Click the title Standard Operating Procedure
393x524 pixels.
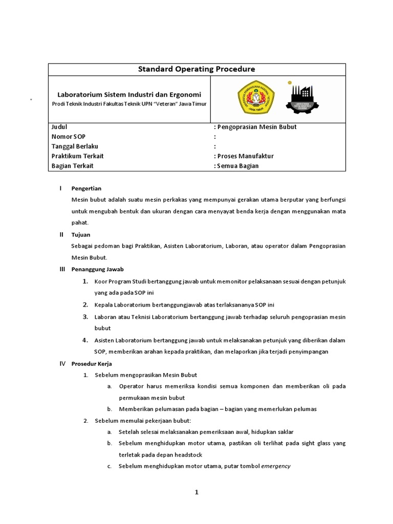(x=196, y=69)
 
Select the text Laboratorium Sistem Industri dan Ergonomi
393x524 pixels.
(x=129, y=95)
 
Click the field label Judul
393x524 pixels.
(x=59, y=127)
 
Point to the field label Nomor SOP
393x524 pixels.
(x=69, y=137)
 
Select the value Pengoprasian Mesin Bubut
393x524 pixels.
(x=256, y=127)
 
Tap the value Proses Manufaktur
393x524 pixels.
(x=245, y=156)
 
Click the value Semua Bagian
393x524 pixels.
(x=238, y=166)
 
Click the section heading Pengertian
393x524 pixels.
(x=86, y=189)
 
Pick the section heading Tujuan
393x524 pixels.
(x=81, y=235)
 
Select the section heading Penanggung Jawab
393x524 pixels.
(x=97, y=269)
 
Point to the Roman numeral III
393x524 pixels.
(x=62, y=269)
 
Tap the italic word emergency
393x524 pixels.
(x=276, y=466)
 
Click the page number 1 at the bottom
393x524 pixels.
(x=196, y=493)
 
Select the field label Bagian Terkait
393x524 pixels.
(x=73, y=166)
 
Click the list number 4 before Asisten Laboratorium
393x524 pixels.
(x=85, y=340)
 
